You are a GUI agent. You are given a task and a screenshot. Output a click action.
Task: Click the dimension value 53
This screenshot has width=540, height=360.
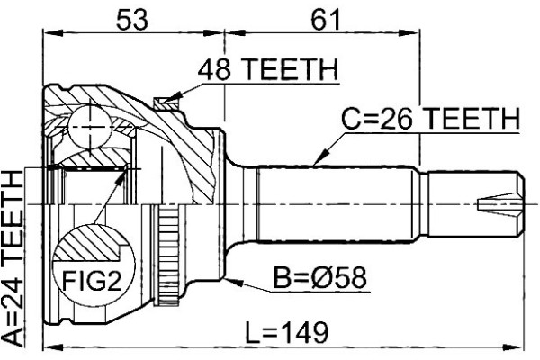132,20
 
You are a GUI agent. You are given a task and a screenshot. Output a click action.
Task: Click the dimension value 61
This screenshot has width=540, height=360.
326,20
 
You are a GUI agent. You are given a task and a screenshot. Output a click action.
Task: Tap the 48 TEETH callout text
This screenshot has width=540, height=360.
268,70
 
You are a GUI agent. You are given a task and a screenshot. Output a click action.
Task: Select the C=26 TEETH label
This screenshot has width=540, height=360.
430,119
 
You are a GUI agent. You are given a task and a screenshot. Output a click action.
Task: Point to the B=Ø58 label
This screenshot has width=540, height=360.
319,278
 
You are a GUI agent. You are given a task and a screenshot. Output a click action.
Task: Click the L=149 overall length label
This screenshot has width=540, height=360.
286,332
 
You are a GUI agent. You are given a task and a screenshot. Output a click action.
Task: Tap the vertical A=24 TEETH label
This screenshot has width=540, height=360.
13,258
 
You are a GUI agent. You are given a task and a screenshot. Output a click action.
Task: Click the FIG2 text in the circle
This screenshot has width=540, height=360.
92,281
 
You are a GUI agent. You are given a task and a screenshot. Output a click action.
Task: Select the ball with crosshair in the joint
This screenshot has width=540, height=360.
90,127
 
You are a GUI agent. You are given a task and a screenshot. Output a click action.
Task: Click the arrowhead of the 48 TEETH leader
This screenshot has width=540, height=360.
173,97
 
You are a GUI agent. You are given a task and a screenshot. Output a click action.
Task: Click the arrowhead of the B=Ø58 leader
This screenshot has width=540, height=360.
235,283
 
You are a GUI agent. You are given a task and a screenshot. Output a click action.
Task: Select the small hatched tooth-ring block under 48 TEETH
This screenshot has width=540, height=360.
166,103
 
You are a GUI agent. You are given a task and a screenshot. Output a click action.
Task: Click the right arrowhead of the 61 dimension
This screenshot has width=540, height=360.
409,33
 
